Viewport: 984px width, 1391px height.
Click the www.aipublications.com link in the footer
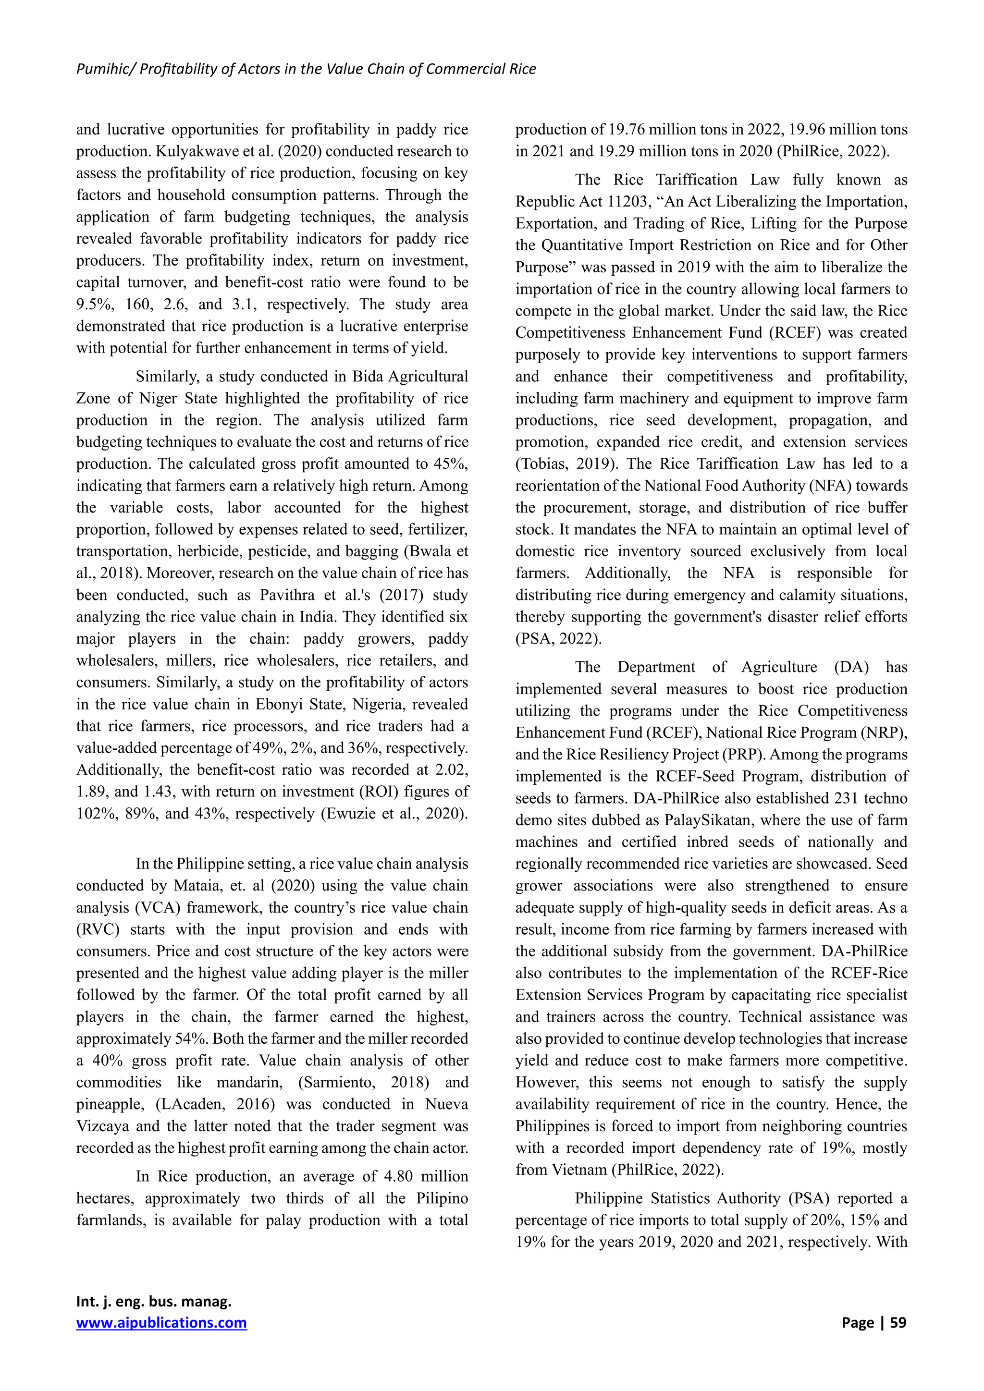point(161,1322)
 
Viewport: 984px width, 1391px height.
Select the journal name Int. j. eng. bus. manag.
point(154,1301)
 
